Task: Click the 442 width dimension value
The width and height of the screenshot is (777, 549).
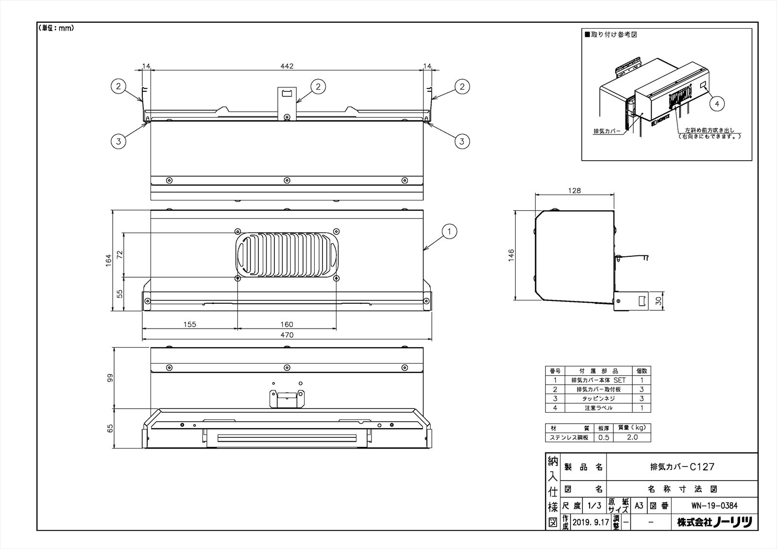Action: point(287,66)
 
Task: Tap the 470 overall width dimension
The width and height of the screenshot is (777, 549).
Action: point(287,335)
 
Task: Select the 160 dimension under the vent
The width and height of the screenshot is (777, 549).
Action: point(287,324)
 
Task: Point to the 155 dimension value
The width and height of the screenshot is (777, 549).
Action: point(190,324)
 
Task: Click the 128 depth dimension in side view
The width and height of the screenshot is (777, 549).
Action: point(574,191)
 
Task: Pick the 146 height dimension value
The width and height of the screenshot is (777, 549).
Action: point(510,256)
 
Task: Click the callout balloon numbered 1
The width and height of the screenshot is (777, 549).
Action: point(450,232)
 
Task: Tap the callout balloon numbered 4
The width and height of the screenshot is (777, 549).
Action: point(717,103)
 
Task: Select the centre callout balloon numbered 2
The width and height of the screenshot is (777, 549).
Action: point(318,86)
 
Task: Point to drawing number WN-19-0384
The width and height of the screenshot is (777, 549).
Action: point(714,506)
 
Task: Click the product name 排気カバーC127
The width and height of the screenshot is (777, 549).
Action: point(682,467)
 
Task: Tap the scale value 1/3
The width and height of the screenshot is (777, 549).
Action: point(594,506)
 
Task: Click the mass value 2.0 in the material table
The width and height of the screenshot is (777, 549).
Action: point(632,437)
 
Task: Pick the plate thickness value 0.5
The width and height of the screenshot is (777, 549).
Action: point(603,437)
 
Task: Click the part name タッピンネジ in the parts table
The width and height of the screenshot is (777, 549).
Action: point(598,399)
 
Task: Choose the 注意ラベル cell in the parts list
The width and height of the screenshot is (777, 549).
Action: point(598,408)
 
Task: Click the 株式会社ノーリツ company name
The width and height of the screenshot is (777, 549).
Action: point(714,522)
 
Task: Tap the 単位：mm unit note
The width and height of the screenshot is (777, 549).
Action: point(56,28)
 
